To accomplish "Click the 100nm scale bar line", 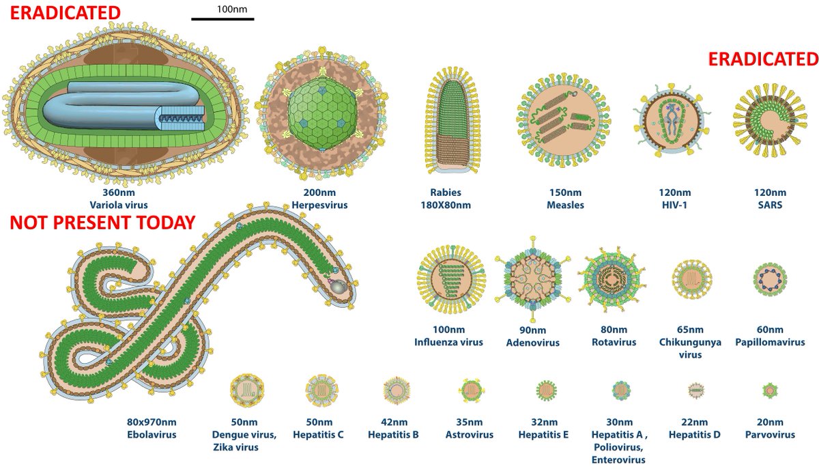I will pos(222,18).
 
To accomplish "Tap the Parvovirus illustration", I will pos(770,390).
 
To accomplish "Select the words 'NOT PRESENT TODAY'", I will pos(102,223).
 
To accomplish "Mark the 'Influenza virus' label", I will pos(448,342).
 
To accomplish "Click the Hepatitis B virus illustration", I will pos(395,390).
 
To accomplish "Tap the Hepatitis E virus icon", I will pos(545,390).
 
